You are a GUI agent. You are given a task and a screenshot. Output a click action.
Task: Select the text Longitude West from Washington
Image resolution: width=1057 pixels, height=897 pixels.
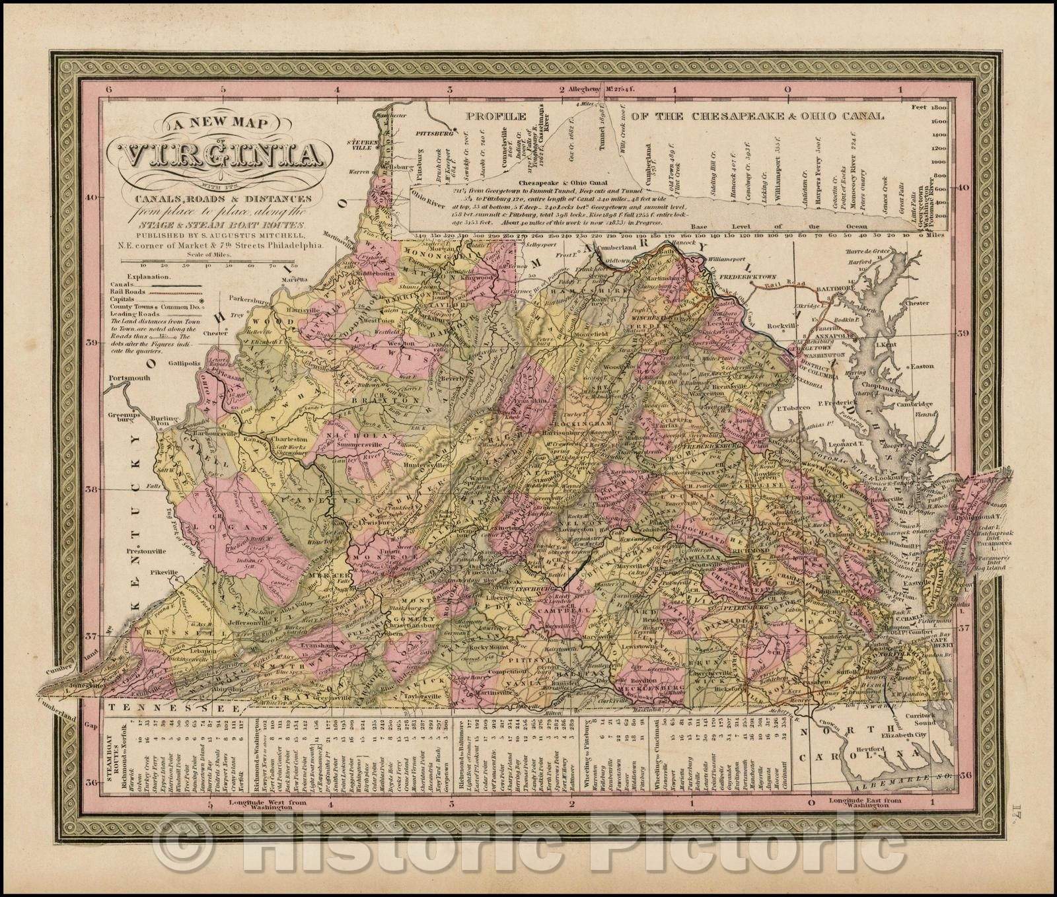click(x=273, y=804)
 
